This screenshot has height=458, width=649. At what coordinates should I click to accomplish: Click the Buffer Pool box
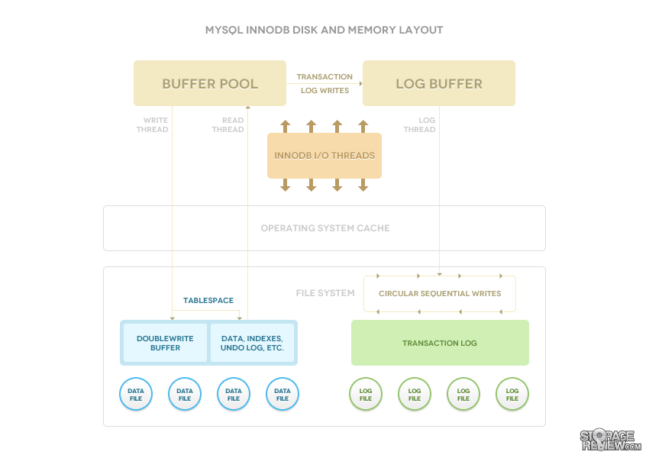coord(210,83)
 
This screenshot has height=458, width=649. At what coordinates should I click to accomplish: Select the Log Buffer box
coord(439,83)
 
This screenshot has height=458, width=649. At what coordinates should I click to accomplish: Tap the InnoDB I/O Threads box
coord(324,156)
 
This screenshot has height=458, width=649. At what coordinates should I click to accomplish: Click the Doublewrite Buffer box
coord(165,343)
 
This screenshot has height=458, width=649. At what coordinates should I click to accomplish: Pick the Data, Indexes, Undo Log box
coord(252,343)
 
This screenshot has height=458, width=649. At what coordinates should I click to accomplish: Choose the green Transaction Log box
coord(440,343)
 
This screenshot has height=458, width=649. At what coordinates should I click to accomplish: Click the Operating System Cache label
coord(325,228)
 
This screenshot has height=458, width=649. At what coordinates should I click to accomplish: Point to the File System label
coord(325,293)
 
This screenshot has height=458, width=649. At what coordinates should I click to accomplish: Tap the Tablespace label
coord(208,300)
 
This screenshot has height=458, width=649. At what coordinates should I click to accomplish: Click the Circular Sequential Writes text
coord(440,293)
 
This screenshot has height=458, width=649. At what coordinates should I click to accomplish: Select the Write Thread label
coord(152,124)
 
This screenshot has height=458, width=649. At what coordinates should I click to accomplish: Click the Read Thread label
coord(228,124)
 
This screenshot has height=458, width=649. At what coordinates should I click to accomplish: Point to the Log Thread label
coord(419,124)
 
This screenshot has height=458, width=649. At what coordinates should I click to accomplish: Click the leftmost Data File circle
coord(136,394)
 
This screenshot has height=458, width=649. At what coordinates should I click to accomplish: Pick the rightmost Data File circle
coord(283,394)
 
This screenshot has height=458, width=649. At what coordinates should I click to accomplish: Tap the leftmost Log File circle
coord(366,394)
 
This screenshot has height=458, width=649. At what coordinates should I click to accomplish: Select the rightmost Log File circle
coord(512,394)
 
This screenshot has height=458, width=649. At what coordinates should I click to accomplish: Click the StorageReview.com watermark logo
coord(610,440)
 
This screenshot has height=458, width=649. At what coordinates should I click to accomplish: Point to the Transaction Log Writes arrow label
coord(324,83)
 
